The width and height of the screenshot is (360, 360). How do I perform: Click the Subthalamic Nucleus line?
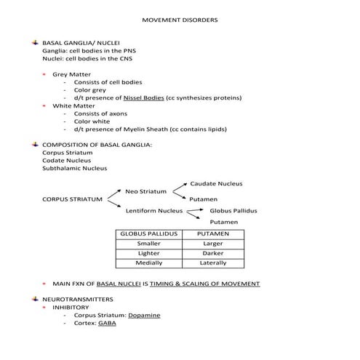tap(74, 169)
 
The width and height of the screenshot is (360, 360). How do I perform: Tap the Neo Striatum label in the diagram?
tap(146, 191)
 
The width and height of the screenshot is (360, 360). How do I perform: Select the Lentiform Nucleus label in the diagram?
tap(153, 211)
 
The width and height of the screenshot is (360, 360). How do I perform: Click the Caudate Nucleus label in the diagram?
tap(216, 184)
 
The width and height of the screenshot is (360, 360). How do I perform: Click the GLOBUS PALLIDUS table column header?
tap(148, 234)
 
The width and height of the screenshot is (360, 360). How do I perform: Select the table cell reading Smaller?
tap(148, 244)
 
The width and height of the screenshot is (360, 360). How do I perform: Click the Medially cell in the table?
tap(148, 263)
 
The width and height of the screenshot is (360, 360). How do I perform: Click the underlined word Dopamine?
tap(144, 315)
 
